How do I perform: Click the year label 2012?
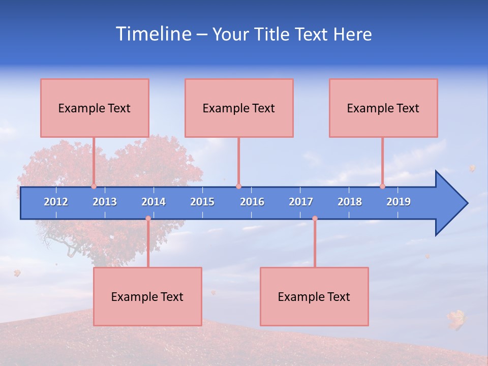56,202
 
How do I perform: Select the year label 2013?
105,202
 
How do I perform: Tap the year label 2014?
154,202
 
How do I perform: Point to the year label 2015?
202,202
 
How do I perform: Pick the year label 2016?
252,202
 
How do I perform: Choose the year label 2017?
301,202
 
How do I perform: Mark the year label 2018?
350,202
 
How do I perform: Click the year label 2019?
399,202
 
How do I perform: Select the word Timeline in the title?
154,34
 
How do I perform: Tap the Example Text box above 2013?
95,108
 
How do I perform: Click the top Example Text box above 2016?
239,108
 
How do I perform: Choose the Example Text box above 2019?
383,108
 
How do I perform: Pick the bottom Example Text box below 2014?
147,296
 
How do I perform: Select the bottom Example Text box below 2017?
314,296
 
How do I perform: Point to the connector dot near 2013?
94,187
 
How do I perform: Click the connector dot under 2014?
148,219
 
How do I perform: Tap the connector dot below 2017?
315,219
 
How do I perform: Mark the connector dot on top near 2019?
382,187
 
